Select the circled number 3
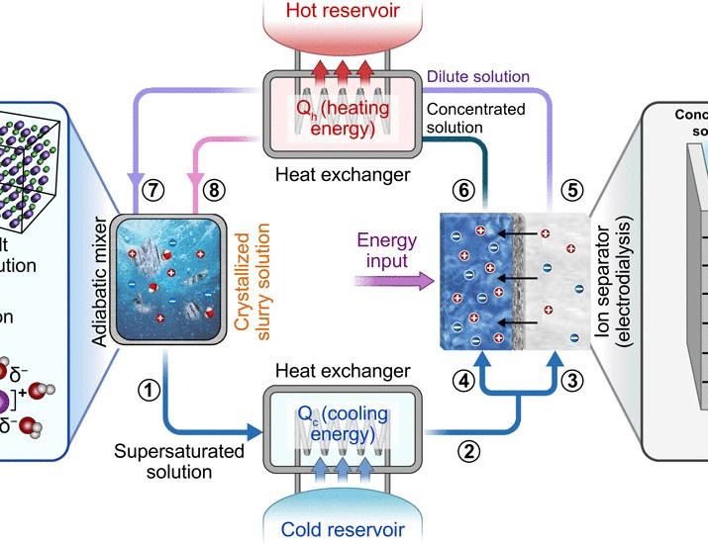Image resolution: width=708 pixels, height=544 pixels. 570,378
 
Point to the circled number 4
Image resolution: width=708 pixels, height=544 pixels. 459,378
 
